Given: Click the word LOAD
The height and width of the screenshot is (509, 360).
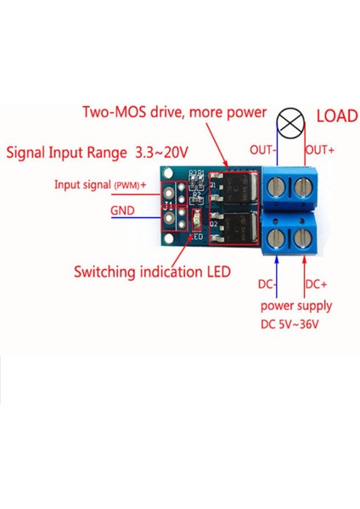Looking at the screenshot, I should tap(336, 116).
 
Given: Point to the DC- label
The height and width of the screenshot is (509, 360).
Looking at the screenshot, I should tap(267, 283).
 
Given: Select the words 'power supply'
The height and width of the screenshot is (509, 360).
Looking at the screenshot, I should tap(296, 305).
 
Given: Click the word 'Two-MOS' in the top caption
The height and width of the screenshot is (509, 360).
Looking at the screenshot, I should tap(112, 112).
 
